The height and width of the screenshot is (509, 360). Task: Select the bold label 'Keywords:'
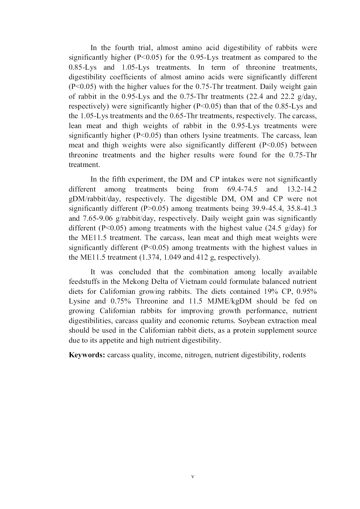[87, 355]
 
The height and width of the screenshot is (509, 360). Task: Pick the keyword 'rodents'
[294, 355]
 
